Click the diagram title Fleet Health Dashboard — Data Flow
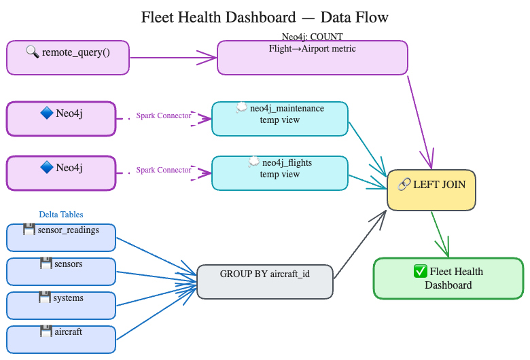click(265, 17)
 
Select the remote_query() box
click(68, 58)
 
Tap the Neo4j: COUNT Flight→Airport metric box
click(313, 57)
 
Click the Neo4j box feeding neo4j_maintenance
click(61, 119)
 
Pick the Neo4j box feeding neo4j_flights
click(61, 173)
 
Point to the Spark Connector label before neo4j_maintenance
click(164, 115)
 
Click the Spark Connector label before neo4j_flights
click(164, 170)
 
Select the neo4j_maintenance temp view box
click(280, 119)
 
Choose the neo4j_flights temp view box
click(280, 173)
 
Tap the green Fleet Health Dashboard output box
click(448, 278)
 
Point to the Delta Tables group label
click(61, 215)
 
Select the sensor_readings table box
click(61, 237)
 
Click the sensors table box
click(61, 271)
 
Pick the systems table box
click(61, 305)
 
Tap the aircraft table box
click(61, 339)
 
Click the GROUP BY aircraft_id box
click(265, 281)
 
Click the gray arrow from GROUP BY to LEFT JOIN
click(360, 245)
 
